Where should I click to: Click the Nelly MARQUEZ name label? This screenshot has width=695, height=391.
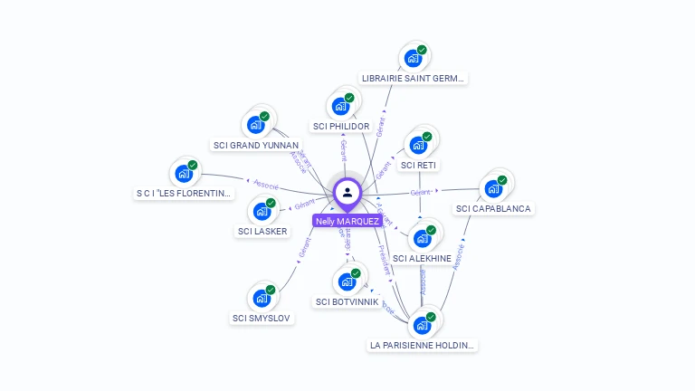click(347, 220)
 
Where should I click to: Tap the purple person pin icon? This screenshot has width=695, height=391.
click(347, 192)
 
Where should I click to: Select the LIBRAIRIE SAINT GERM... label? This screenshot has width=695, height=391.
click(413, 78)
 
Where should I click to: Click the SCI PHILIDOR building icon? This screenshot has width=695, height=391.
click(341, 106)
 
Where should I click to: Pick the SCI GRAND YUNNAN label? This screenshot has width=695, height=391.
click(256, 145)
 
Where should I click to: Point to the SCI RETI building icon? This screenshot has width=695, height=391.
click(418, 145)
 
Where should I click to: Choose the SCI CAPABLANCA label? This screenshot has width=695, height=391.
click(494, 208)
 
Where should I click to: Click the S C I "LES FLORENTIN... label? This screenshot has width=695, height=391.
click(184, 193)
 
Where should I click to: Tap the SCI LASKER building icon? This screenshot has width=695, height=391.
click(262, 212)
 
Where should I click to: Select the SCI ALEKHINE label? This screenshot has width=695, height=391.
click(422, 258)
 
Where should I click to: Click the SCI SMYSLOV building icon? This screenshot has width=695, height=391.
click(262, 298)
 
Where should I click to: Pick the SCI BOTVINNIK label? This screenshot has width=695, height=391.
click(347, 301)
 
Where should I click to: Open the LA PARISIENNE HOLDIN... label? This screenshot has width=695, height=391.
click(423, 345)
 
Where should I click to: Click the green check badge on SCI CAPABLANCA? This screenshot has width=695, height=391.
click(502, 180)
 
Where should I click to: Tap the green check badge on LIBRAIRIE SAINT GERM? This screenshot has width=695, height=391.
click(422, 50)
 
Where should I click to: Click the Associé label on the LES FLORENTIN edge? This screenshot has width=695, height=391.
click(266, 185)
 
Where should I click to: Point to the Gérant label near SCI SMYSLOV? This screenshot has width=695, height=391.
click(304, 248)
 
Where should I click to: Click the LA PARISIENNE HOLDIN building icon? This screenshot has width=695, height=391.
click(422, 325)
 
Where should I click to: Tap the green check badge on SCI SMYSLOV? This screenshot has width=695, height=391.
click(270, 290)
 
